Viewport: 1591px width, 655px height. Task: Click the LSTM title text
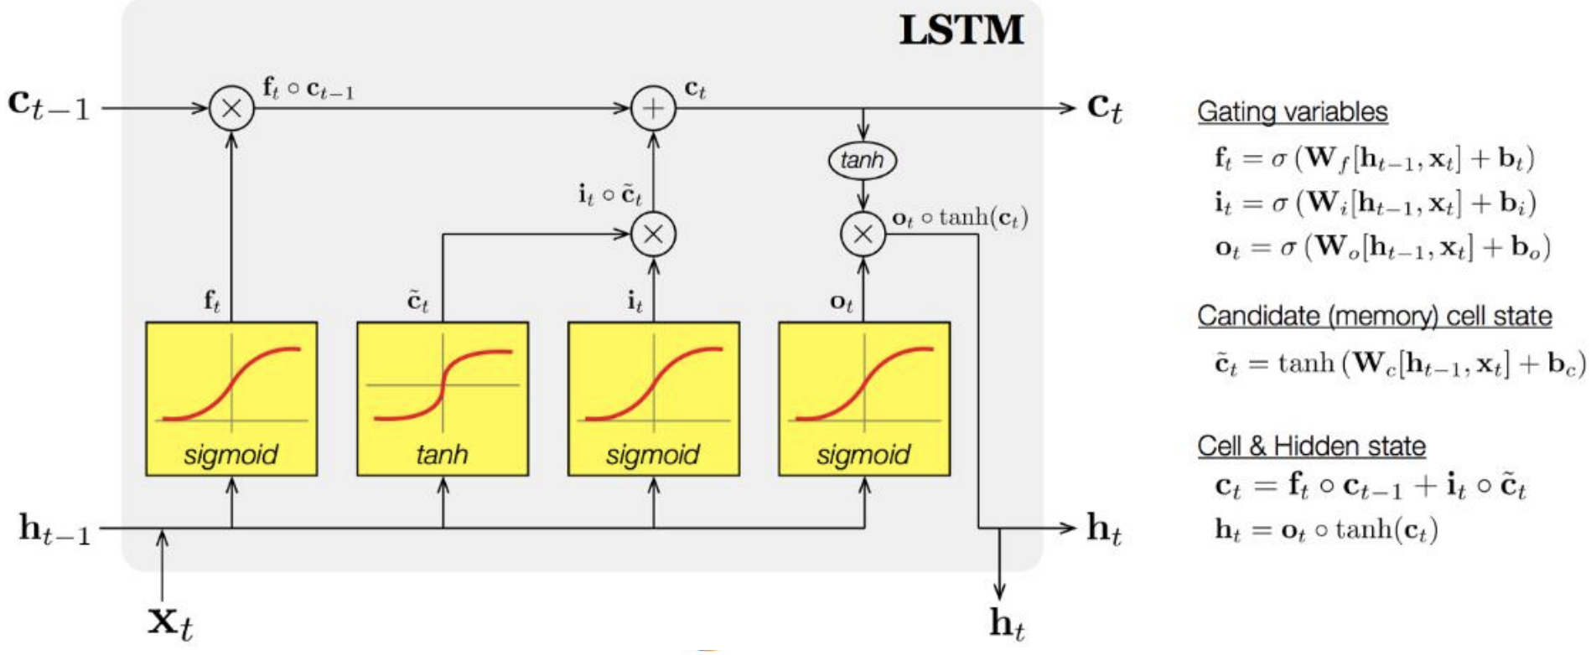tap(961, 31)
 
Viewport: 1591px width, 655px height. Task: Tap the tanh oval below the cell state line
tap(863, 160)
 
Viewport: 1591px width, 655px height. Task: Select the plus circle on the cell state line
tap(653, 109)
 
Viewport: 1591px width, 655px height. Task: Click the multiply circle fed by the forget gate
tap(231, 109)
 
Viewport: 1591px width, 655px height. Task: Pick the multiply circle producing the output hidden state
tap(863, 235)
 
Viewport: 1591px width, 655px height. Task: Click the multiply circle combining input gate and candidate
tap(653, 235)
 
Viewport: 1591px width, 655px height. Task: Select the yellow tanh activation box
tap(443, 399)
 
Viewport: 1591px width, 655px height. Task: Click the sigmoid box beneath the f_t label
tap(231, 399)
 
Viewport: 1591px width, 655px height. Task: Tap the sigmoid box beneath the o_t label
tap(864, 399)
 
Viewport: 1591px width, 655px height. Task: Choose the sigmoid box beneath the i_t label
tap(654, 399)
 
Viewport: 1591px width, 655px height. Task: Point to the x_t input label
tap(170, 622)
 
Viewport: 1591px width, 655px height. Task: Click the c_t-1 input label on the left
tap(49, 106)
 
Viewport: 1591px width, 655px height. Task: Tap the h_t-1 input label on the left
tap(54, 530)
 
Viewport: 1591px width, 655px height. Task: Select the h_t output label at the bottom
tap(1007, 624)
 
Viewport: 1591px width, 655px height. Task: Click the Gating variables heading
tap(1292, 112)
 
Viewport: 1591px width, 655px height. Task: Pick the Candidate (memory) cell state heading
tap(1374, 317)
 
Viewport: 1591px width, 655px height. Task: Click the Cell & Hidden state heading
tap(1311, 446)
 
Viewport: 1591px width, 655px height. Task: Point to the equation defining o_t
tap(1382, 248)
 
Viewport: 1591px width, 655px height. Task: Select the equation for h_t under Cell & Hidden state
tap(1326, 530)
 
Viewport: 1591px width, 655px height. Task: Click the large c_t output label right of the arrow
tap(1105, 108)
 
